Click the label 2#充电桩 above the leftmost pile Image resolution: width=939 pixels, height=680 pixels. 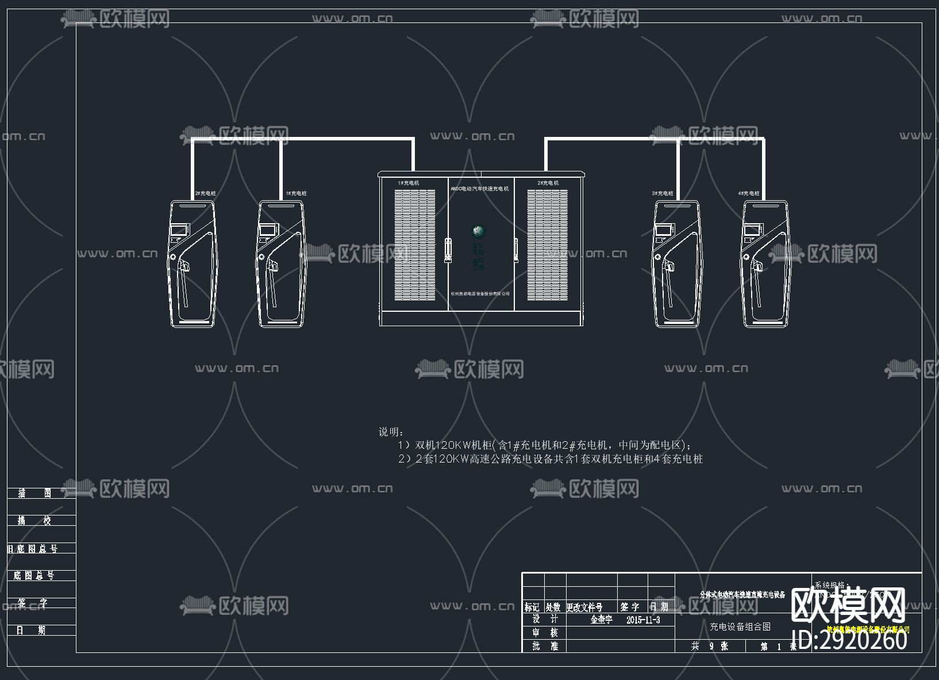click(205, 194)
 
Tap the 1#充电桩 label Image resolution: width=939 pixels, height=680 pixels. click(296, 194)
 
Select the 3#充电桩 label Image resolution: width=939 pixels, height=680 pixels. click(662, 194)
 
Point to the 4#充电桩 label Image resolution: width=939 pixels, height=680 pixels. click(749, 194)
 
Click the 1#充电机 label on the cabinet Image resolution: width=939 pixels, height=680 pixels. click(409, 183)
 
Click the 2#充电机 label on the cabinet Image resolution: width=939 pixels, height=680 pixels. click(548, 183)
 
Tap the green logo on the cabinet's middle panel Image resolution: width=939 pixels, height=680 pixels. click(478, 231)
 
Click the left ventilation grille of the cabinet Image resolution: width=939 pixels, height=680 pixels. click(414, 245)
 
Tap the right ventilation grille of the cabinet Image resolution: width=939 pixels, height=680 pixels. click(547, 245)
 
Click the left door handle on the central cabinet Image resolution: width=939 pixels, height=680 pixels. click(449, 249)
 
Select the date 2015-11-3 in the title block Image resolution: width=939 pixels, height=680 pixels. click(643, 620)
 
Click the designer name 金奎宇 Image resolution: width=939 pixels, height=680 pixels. click(601, 620)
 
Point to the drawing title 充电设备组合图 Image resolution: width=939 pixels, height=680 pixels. click(740, 626)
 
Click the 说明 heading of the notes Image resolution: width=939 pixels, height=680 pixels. click(391, 431)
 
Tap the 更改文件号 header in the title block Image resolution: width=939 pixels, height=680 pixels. click(584, 607)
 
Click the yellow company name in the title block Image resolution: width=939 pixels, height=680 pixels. click(868, 629)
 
